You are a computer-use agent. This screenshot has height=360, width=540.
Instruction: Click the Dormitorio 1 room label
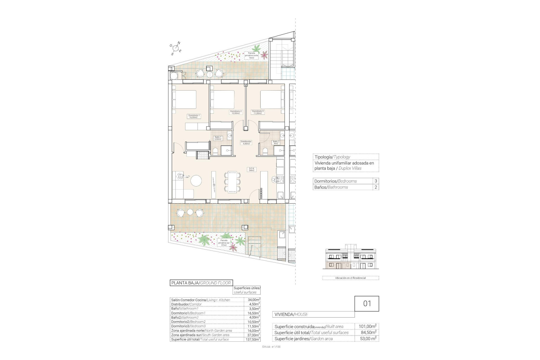[194, 116]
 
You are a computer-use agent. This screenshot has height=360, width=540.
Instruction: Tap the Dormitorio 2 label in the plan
[236, 112]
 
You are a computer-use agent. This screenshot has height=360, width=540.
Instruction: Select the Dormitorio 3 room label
[258, 112]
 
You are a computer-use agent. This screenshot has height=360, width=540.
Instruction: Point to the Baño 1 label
[218, 138]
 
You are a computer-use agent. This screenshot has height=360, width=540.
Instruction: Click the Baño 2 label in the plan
[276, 143]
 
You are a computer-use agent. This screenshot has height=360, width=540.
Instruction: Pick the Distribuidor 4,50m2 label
[246, 143]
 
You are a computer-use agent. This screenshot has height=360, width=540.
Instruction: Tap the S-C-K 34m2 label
[251, 169]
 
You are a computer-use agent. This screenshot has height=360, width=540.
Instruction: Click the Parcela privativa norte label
[251, 55]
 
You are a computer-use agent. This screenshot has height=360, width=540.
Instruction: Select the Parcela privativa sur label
[224, 243]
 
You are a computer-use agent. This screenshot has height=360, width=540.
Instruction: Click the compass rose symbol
[176, 48]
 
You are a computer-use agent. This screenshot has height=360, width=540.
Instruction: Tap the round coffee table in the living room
[196, 181]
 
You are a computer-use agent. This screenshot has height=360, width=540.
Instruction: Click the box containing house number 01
[367, 303]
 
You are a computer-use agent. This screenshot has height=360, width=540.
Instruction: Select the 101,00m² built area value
[367, 327]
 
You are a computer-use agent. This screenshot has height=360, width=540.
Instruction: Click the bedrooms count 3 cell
[376, 181]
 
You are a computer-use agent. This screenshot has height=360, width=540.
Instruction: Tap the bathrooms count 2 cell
[376, 187]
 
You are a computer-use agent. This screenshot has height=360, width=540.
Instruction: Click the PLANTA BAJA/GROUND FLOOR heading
[201, 283]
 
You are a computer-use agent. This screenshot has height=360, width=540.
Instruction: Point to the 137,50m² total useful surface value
[252, 339]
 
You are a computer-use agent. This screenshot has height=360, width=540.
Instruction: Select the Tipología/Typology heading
[332, 157]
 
